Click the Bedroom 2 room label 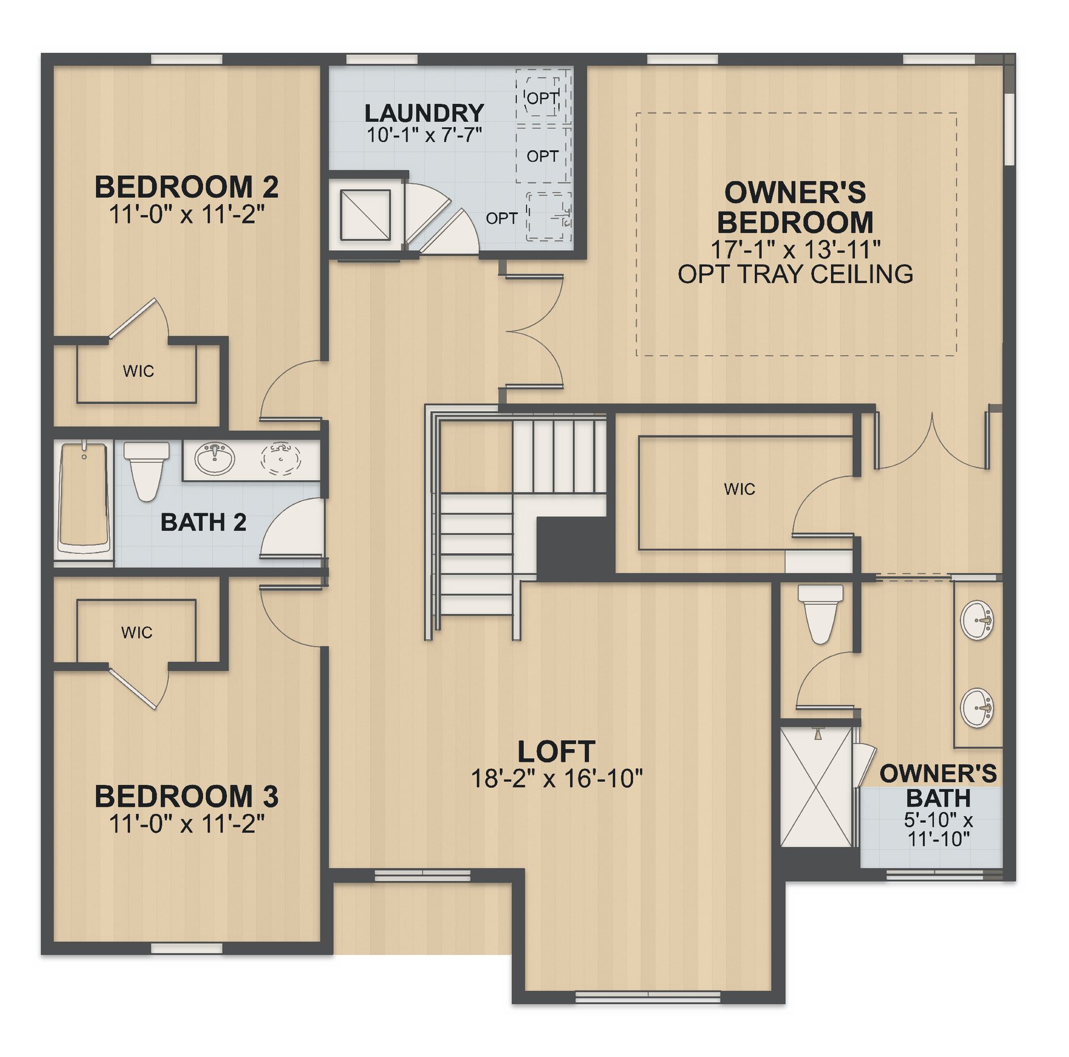(x=186, y=187)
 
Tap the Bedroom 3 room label (x=186, y=797)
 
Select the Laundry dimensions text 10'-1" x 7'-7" (x=424, y=135)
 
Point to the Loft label (x=556, y=752)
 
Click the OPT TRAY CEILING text (x=795, y=274)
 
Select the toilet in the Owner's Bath (x=820, y=614)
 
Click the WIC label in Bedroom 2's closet (x=138, y=371)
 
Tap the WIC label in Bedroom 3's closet (x=137, y=632)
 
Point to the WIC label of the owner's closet (x=739, y=489)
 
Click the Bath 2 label (x=203, y=522)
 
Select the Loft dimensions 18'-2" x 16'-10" (x=556, y=778)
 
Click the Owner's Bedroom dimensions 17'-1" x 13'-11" (x=795, y=250)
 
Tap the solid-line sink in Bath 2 (x=214, y=458)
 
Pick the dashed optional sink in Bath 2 (x=280, y=458)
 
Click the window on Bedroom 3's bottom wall (x=186, y=948)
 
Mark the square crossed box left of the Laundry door (x=365, y=215)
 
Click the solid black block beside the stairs (x=575, y=547)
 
